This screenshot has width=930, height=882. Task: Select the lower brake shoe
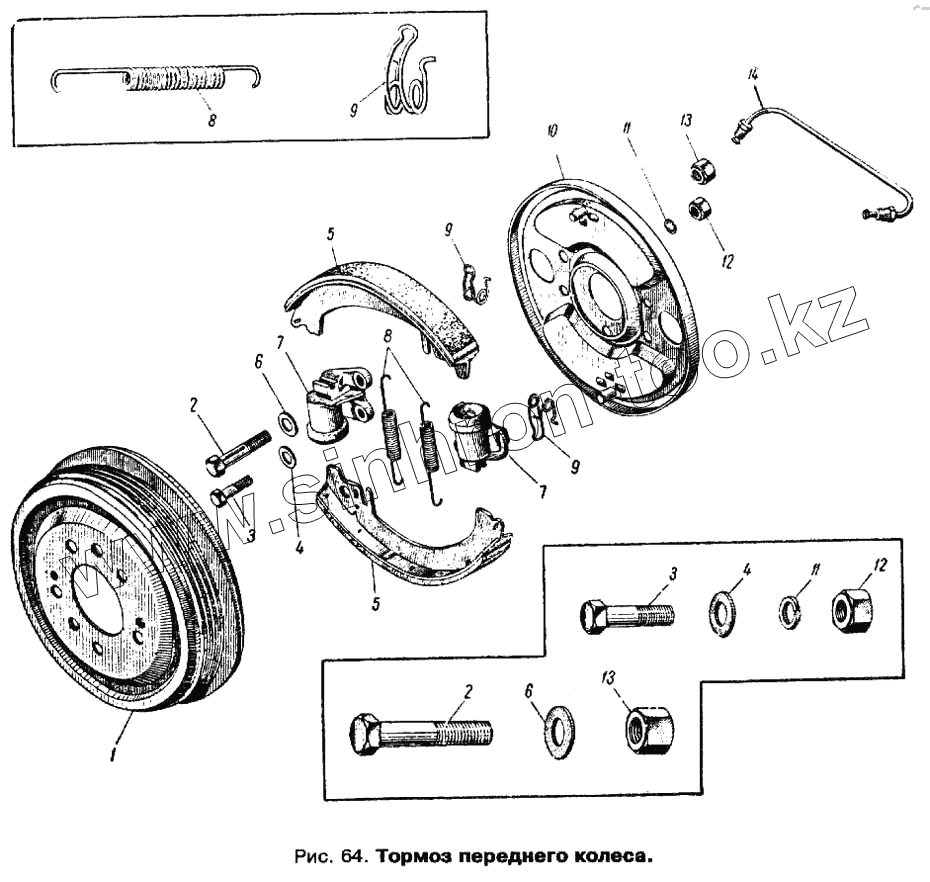tap(415, 530)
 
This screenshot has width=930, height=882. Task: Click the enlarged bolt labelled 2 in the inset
tap(420, 735)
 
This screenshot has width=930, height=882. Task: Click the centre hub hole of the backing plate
tap(605, 295)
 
